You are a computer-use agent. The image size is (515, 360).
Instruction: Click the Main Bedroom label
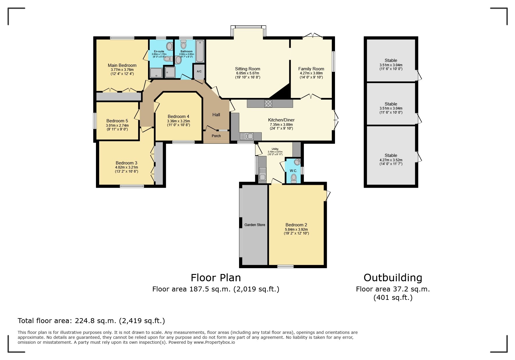click(122, 65)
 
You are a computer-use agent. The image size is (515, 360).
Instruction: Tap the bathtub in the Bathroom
click(200, 51)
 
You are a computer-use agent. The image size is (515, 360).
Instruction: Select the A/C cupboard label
click(199, 71)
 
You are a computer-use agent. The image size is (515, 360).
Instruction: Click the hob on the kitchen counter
click(268, 103)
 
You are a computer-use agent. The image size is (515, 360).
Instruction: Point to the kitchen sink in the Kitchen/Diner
click(246, 136)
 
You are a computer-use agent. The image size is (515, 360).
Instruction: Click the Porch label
click(216, 136)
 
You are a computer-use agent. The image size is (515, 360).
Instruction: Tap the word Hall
click(216, 115)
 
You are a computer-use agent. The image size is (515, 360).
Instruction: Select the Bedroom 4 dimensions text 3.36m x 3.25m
click(178, 121)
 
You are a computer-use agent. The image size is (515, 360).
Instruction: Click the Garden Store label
click(255, 225)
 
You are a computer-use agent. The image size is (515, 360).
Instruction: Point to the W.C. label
click(293, 171)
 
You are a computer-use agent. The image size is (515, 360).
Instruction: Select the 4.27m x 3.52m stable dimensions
click(391, 160)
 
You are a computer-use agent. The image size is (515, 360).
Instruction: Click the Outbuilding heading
click(393, 278)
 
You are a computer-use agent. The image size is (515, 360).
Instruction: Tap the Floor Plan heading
click(215, 278)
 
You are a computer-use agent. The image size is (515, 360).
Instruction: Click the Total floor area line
click(91, 321)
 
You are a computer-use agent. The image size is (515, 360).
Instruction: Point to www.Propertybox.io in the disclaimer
click(214, 342)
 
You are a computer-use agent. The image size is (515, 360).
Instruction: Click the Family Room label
click(311, 69)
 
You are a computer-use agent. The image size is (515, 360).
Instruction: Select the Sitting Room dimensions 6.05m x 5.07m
click(247, 73)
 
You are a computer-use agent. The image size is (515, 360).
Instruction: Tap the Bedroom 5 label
click(117, 121)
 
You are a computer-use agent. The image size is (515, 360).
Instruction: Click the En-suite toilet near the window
click(170, 46)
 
